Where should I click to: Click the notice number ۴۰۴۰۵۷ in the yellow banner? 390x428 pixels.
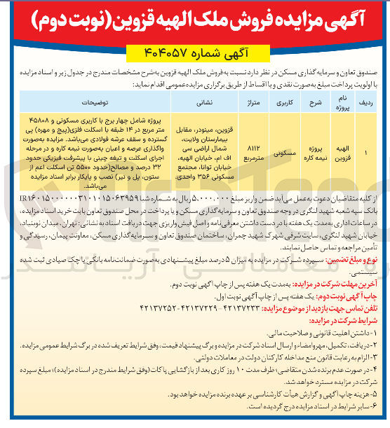pyautogui.click(x=166, y=53)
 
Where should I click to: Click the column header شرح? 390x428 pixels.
pyautogui.click(x=311, y=99)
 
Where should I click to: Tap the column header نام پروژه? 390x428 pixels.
pyautogui.click(x=338, y=99)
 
